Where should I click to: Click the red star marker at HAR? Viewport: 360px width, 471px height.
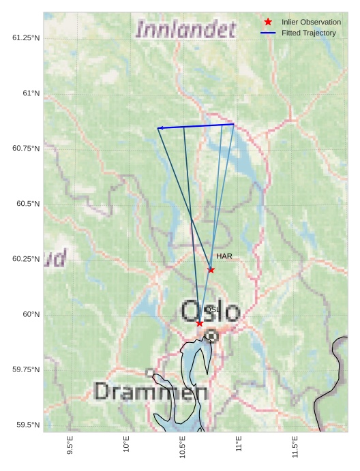[x=211, y=270]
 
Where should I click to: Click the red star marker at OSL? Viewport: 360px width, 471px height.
[x=199, y=323]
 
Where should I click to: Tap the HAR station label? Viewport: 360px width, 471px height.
[x=224, y=256]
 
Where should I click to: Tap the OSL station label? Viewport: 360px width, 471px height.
[x=212, y=309]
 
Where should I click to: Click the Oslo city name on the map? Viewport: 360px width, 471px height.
[x=210, y=312]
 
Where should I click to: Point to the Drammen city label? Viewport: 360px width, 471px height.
[x=151, y=391]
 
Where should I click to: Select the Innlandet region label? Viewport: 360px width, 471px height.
[x=185, y=29]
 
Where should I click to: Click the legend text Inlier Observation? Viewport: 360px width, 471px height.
[x=311, y=22]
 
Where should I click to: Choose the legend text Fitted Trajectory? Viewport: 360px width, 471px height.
[x=308, y=33]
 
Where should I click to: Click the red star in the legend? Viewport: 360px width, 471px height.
[x=268, y=22]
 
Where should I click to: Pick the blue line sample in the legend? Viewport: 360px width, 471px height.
[x=268, y=33]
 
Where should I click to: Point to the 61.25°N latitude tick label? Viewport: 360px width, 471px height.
[x=26, y=37]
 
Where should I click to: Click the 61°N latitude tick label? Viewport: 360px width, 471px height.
[x=31, y=93]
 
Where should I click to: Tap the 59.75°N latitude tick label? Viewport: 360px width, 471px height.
[x=26, y=369]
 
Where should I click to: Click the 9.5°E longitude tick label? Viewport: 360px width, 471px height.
[x=70, y=446]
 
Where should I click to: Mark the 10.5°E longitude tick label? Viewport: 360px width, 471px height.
[x=183, y=447]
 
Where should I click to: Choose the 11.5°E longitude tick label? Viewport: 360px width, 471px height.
[x=295, y=447]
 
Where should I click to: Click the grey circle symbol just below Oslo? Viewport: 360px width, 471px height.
[x=212, y=335]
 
